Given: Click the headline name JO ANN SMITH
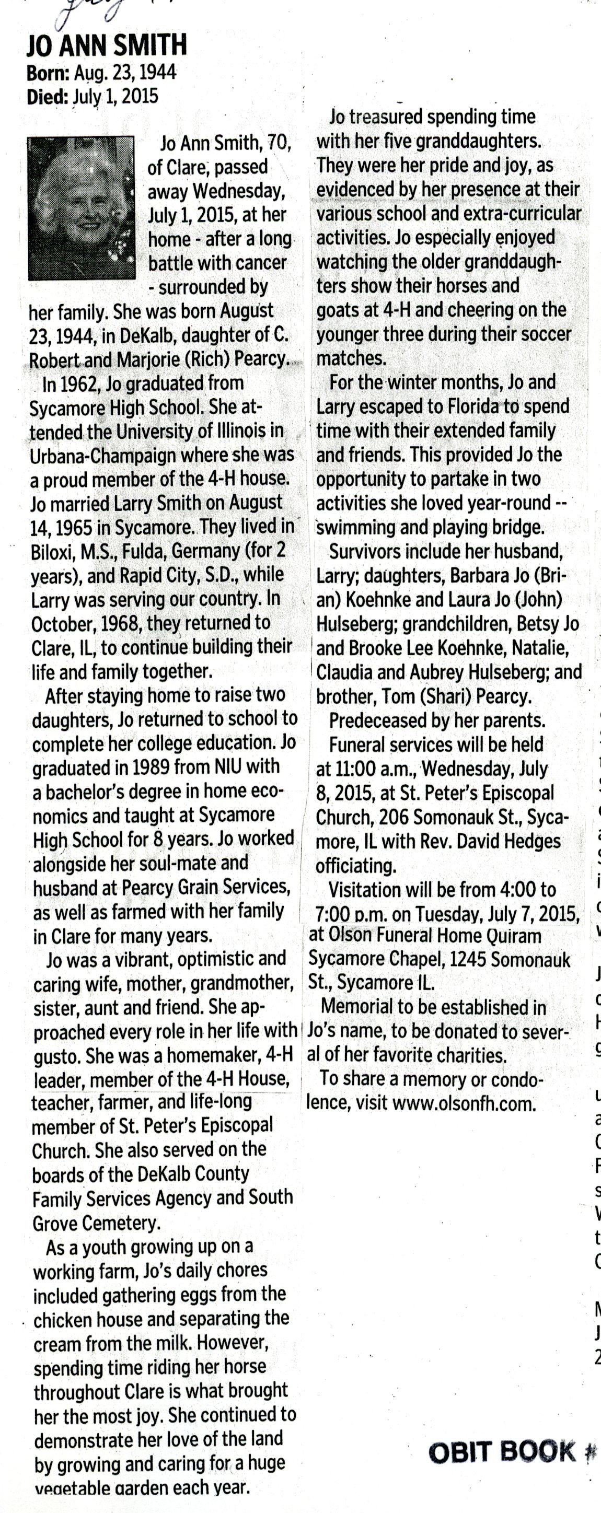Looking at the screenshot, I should pyautogui.click(x=107, y=45).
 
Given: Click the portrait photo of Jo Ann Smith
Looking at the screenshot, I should pyautogui.click(x=81, y=208).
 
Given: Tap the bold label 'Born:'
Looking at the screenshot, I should pyautogui.click(x=48, y=73).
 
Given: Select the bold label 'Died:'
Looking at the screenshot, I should pyautogui.click(x=48, y=97).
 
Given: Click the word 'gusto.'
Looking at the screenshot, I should pyautogui.click(x=56, y=1056).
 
